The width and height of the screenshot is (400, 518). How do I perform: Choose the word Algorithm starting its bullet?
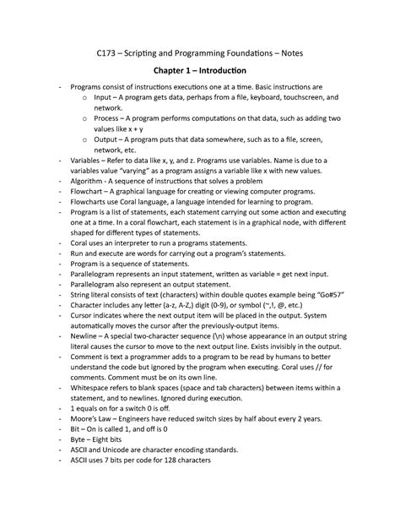tap(89, 181)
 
